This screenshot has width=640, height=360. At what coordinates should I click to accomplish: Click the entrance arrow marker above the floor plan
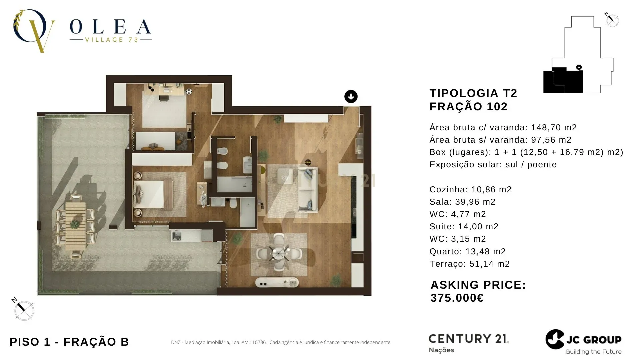click(351, 97)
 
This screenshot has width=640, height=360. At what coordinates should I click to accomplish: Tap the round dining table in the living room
click(278, 254)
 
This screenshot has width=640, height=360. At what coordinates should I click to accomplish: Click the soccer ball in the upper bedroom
click(189, 91)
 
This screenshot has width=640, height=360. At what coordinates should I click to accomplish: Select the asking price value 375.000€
click(457, 298)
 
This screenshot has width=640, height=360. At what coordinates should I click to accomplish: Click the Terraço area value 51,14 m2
click(489, 264)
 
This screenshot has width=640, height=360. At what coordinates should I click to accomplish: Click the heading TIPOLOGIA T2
click(473, 93)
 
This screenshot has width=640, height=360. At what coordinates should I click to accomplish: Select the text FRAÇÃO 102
click(468, 107)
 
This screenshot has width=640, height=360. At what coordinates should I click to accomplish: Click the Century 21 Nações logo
click(468, 343)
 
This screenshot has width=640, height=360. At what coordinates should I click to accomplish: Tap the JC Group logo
click(583, 341)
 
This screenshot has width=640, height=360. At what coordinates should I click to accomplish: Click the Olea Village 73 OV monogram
click(33, 31)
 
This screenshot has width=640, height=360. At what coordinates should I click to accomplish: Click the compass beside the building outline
click(612, 20)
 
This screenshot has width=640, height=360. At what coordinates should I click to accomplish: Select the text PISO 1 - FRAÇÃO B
click(69, 342)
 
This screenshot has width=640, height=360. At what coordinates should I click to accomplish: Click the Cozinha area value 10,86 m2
click(491, 190)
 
